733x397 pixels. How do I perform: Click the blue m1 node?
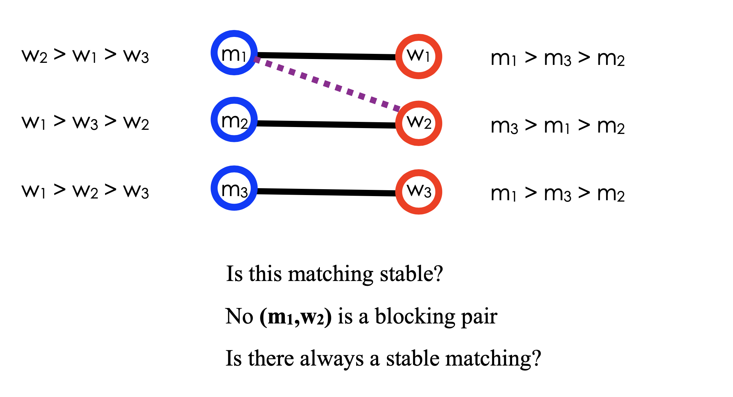pos(234,53)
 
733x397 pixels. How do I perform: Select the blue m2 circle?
pos(234,120)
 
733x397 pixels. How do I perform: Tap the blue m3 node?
pos(234,188)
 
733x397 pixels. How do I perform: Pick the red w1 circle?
pos(419,56)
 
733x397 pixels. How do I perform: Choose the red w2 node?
pos(419,123)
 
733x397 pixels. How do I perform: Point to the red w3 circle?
pos(419,192)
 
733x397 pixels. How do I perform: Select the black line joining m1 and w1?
pos(327,56)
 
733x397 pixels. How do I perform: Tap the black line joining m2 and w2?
pos(327,124)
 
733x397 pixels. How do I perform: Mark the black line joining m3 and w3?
pos(327,192)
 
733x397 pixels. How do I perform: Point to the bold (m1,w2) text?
pos(296,317)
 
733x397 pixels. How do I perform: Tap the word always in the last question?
pos(332,358)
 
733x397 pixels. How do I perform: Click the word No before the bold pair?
pos(239,316)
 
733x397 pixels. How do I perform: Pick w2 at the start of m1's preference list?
pos(34,56)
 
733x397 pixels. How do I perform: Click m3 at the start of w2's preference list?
pos(504,126)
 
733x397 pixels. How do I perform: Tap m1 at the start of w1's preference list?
pos(503,58)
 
